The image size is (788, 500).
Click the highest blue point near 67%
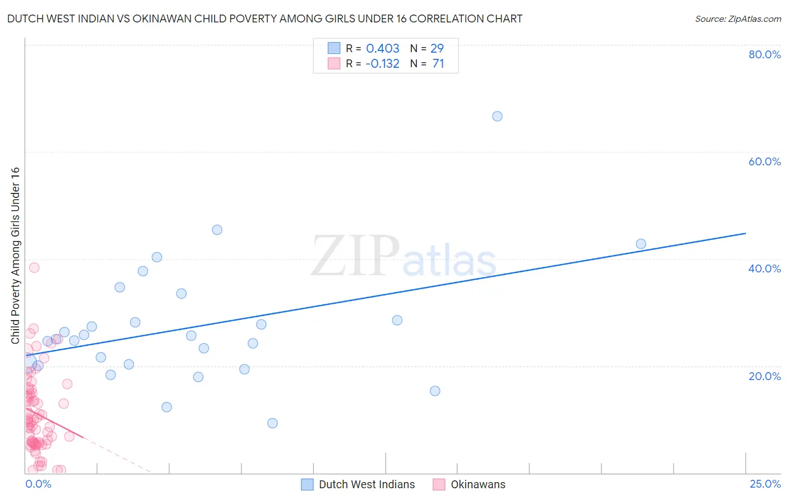coord(497,117)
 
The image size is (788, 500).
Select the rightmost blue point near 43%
coord(641,244)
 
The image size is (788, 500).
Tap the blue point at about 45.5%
coord(217,230)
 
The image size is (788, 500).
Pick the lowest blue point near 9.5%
coord(272,423)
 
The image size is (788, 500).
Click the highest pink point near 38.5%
coord(34,267)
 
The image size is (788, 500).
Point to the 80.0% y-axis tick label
coord(764,54)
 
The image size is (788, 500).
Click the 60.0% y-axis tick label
coord(764,161)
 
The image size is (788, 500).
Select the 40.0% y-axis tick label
coord(764,268)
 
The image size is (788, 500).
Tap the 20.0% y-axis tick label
coord(764,376)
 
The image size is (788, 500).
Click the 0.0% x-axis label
coord(38,484)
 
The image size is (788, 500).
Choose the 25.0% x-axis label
coord(765,484)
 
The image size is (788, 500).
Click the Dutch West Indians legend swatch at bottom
coord(307,484)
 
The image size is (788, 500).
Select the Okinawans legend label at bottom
coord(478,484)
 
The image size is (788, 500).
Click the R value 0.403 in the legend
coord(383,48)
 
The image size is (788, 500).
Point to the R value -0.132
coord(382,63)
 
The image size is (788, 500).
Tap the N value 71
coord(438,63)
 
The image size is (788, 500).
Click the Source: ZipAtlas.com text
coord(738,18)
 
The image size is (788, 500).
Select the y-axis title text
coord(15,256)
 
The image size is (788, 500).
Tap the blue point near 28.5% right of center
coord(397,320)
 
